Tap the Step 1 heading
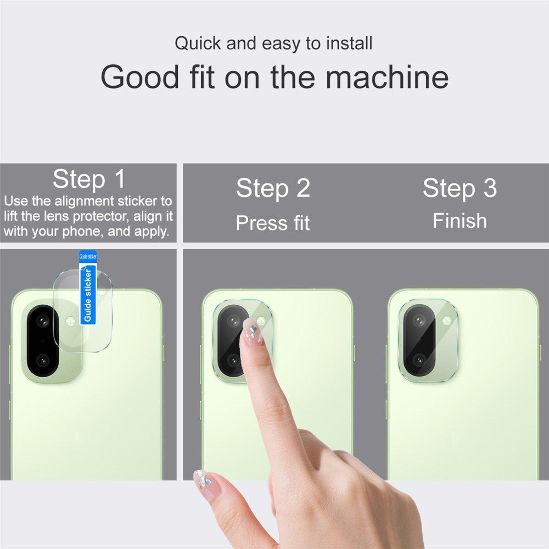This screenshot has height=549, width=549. [x=89, y=179]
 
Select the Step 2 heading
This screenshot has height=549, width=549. [x=273, y=188]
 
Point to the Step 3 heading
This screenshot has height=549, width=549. [x=460, y=188]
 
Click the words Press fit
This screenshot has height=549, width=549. [x=273, y=223]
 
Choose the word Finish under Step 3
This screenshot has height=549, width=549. [x=460, y=221]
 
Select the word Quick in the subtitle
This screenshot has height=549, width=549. [x=199, y=43]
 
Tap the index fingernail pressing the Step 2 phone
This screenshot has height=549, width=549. [x=253, y=332]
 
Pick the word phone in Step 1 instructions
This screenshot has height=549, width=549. [x=82, y=231]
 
